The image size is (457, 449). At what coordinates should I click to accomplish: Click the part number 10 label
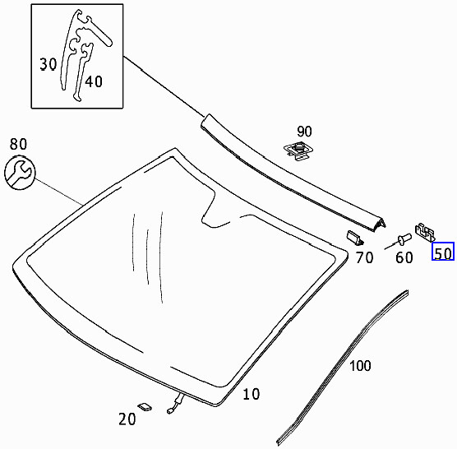[x=251, y=395]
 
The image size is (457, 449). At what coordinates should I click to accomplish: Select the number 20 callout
[x=126, y=419]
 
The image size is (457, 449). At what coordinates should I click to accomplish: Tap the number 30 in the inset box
[x=48, y=62]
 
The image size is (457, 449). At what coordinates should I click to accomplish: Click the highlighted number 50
[x=443, y=253]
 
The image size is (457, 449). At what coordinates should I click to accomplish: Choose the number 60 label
[x=404, y=257]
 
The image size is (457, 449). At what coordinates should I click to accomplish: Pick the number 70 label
[x=364, y=257]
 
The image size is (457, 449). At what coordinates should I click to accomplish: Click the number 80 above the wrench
[x=19, y=145]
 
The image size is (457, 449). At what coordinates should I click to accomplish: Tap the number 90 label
[x=304, y=132]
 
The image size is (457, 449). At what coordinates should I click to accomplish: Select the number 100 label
[x=360, y=366]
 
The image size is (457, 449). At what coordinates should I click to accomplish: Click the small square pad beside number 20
[x=145, y=405]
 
